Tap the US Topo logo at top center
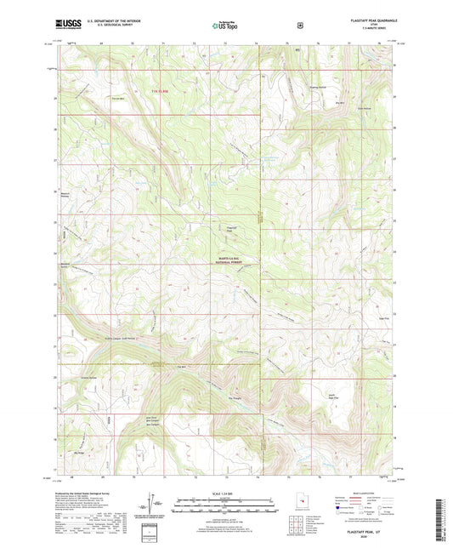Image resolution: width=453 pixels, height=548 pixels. click(x=226, y=26)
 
